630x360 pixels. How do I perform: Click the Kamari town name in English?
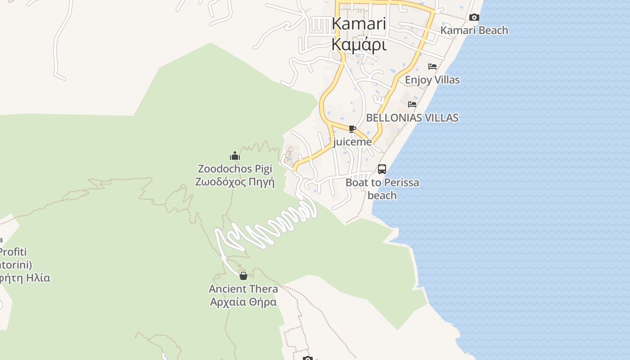pyautogui.click(x=359, y=24)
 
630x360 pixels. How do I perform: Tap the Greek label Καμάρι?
pyautogui.click(x=359, y=45)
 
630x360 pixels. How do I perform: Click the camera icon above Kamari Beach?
pyautogui.click(x=474, y=18)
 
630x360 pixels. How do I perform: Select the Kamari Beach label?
pyautogui.click(x=474, y=30)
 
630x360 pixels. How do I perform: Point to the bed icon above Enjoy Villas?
pyautogui.click(x=432, y=67)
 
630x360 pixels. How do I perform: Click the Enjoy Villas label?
pyautogui.click(x=432, y=80)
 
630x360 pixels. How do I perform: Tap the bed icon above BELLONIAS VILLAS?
pyautogui.click(x=412, y=104)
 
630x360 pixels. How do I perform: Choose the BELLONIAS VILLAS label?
pyautogui.click(x=412, y=117)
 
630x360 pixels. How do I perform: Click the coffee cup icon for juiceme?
pyautogui.click(x=352, y=129)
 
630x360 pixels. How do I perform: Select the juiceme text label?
pyautogui.click(x=352, y=142)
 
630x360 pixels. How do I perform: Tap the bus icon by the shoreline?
pyautogui.click(x=382, y=169)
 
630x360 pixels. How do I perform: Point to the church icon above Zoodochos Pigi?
pyautogui.click(x=235, y=156)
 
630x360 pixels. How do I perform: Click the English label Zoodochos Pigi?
pyautogui.click(x=235, y=169)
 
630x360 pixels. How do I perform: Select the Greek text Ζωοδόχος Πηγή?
pyautogui.click(x=235, y=182)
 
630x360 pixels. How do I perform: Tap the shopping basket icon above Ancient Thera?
pyautogui.click(x=243, y=275)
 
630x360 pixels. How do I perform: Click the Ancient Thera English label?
pyautogui.click(x=243, y=288)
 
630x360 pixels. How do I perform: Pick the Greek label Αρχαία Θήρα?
pyautogui.click(x=243, y=301)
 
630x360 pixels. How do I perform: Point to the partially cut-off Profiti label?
pyautogui.click(x=13, y=252)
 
